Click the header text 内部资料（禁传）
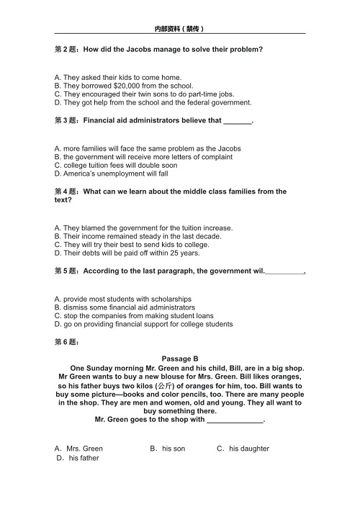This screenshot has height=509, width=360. click(x=180, y=29)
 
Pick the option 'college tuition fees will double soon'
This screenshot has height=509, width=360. click(x=115, y=166)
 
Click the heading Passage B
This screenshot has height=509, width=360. click(x=180, y=359)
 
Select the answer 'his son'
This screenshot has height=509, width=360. click(x=173, y=449)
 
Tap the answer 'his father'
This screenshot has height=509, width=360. click(x=84, y=458)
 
